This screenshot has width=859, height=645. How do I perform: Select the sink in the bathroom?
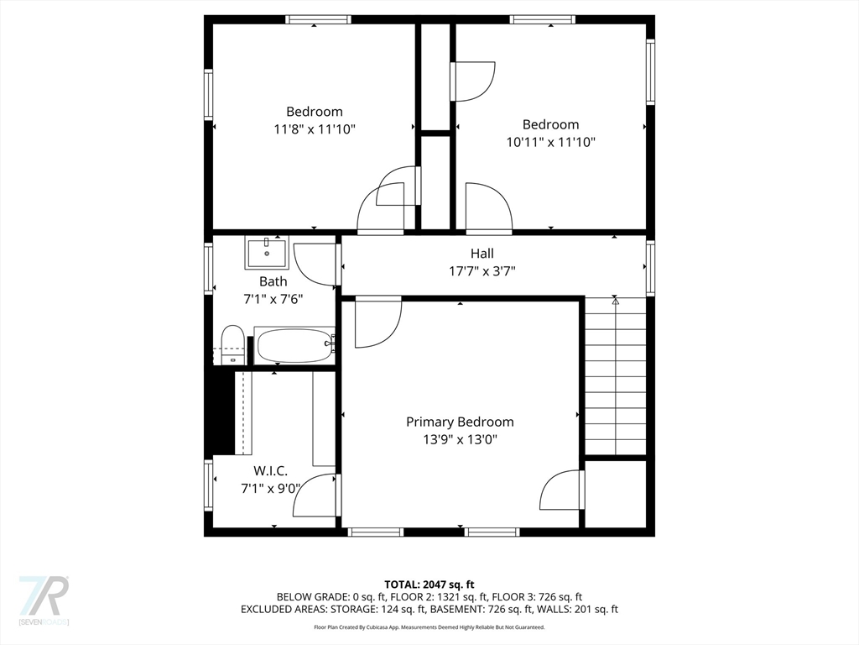pos(267,252)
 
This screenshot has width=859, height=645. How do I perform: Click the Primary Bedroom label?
pos(460,422)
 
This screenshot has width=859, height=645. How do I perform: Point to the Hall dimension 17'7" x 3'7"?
pos(482,270)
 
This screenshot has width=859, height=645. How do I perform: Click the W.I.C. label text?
pos(270,471)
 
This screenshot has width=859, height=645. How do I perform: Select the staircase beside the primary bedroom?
pos(615,378)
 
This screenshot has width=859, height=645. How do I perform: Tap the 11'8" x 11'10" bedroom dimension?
pos(315,129)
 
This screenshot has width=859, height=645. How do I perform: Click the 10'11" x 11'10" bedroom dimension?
pos(550,142)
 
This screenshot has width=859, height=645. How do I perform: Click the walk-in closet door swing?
pos(317,496)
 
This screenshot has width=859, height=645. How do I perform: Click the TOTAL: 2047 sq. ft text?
pos(429,584)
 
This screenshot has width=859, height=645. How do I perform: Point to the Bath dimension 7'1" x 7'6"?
pos(273,298)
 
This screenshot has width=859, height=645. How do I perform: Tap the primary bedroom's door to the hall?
pos(377,321)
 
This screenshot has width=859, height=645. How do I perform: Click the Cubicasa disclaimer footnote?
pos(429,627)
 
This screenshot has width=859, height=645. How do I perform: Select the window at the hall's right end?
pos(650,268)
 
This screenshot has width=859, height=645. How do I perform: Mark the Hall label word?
pos(482,254)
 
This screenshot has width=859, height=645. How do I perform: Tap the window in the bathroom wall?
pos(208,268)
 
